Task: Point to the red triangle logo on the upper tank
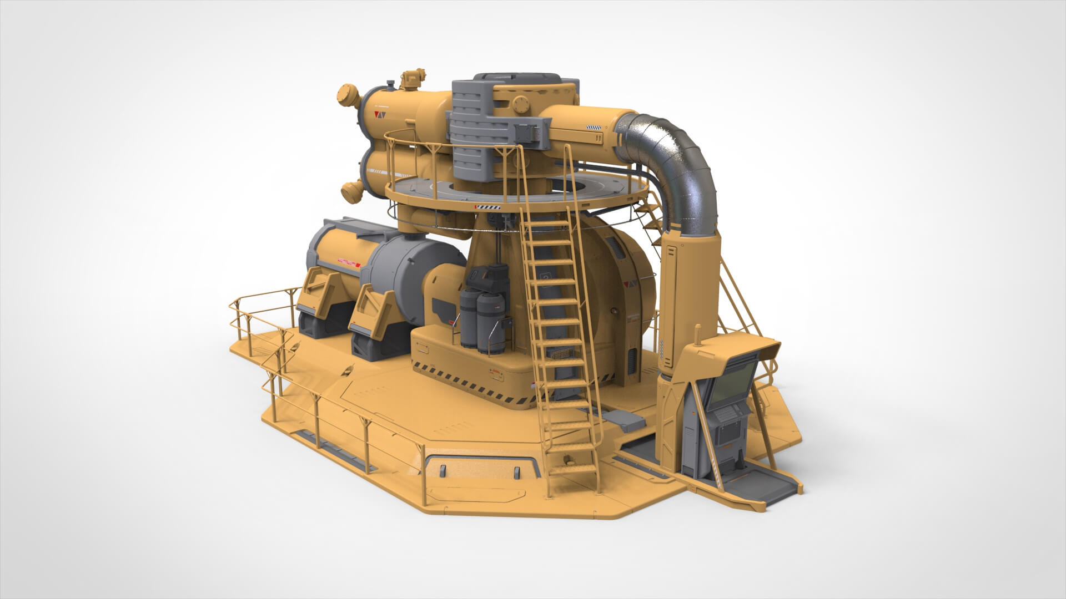(x=381, y=115)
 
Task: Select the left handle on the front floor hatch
(x=443, y=471)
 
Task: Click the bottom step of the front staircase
(x=574, y=469)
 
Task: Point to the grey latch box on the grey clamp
(x=527, y=132)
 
